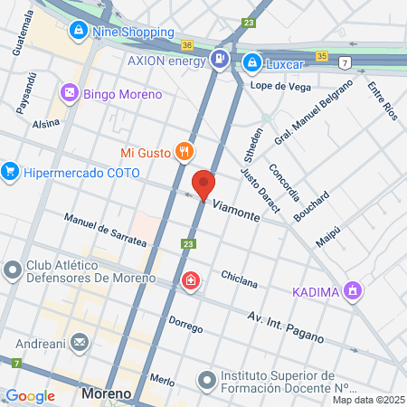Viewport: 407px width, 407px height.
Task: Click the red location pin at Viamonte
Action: pos(204,184)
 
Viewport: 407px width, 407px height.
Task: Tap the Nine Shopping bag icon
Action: pos(80,31)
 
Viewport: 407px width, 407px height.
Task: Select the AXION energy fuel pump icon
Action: pos(219,60)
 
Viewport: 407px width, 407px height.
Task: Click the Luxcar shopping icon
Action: pos(251,63)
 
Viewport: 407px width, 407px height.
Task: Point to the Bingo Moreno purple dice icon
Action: pos(69,93)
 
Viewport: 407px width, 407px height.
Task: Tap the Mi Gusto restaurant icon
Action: pos(184,151)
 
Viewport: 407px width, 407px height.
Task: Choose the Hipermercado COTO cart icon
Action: pos(10,169)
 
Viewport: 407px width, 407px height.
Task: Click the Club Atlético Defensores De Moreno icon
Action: pos(13,270)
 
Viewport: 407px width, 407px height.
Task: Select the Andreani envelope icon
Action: pos(80,343)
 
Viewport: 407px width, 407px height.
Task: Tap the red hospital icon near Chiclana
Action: pos(190,281)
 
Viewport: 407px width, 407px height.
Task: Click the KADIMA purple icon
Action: pos(354,291)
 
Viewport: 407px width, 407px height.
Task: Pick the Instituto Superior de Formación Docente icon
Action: pos(207,379)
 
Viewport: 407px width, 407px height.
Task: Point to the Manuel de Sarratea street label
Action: pos(105,231)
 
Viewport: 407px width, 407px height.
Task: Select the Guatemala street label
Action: pos(19,33)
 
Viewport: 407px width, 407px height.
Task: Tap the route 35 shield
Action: pos(322,55)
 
